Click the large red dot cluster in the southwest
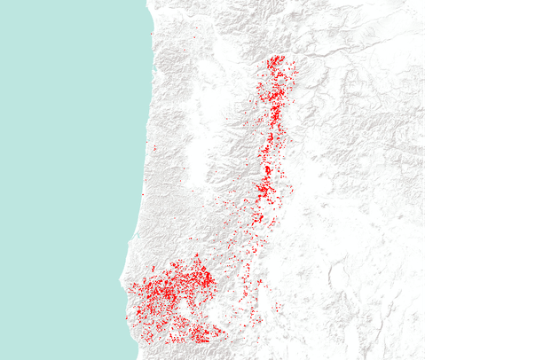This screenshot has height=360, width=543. [173, 297]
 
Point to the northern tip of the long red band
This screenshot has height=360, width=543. [277, 59]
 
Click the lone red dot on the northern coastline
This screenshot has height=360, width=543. [153, 35]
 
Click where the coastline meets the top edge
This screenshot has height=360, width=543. [146, 2]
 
